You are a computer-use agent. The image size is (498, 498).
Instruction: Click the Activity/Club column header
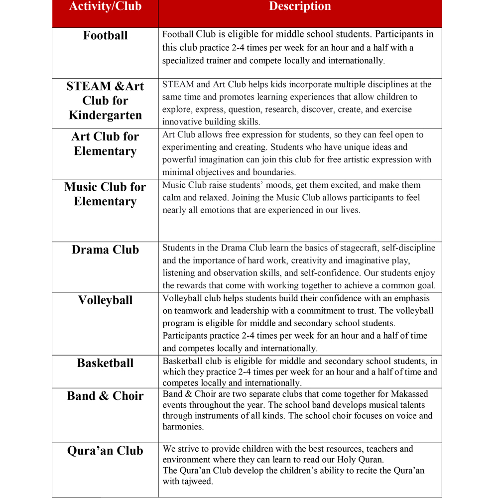point(105,6)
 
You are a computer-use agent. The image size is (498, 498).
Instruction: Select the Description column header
point(300,6)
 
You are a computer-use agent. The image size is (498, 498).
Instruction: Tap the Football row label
point(105,36)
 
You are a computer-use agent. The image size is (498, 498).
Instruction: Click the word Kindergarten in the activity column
point(105,115)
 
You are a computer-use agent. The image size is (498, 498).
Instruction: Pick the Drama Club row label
point(105,249)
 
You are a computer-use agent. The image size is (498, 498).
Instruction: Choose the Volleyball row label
point(105,300)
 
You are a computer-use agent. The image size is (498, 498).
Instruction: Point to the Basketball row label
point(105,363)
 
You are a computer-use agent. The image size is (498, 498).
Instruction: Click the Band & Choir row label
point(105,396)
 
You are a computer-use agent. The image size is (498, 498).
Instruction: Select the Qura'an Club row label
point(105,451)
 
